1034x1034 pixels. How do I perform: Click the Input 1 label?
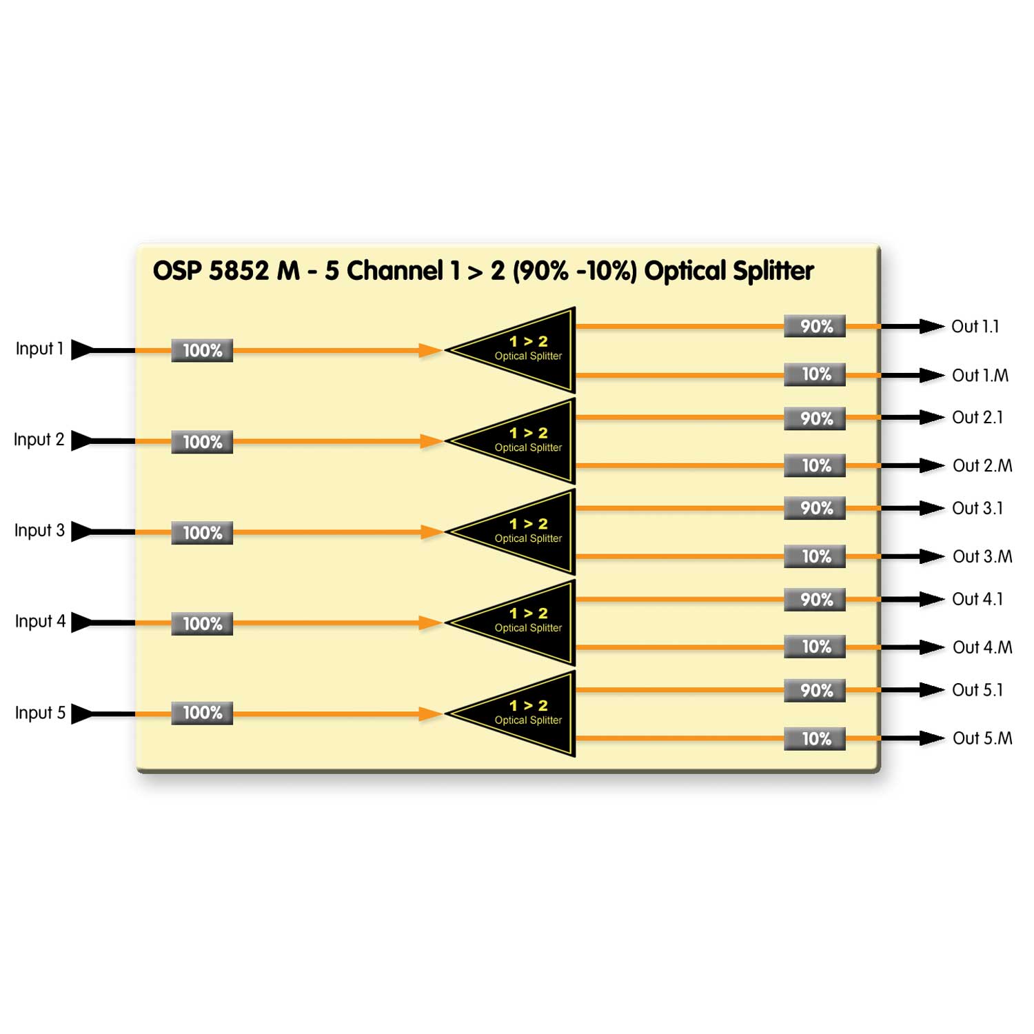tap(39, 349)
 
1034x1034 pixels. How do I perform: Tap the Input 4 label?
tap(40, 622)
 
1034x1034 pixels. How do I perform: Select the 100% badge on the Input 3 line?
tap(202, 533)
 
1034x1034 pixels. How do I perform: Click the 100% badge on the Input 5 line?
tap(202, 713)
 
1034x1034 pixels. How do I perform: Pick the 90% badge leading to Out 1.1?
tap(815, 326)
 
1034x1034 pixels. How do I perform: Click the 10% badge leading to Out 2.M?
tap(815, 466)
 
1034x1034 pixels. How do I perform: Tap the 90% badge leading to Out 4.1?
tap(815, 600)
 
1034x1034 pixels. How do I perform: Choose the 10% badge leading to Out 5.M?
tap(815, 739)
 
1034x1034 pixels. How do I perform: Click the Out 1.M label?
tap(980, 376)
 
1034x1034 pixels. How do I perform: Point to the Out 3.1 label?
tap(977, 509)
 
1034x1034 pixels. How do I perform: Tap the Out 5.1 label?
tap(977, 690)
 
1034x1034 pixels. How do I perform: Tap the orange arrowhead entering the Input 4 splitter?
tap(430, 623)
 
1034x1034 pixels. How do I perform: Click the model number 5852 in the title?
tap(239, 271)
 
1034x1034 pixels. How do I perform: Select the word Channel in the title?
tap(394, 271)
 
